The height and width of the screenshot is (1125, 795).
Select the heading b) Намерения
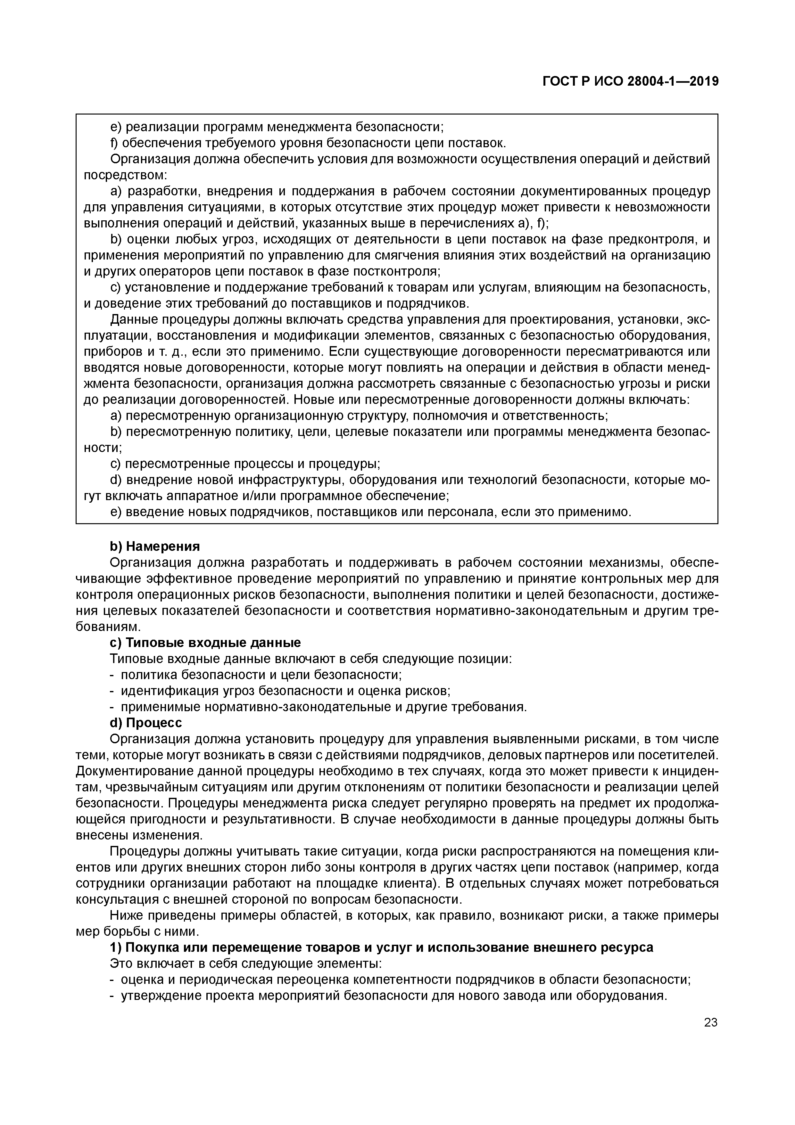pos(155,546)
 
